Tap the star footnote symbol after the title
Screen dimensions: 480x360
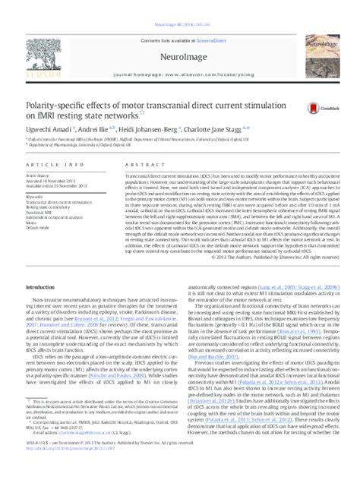tap(140, 112)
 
